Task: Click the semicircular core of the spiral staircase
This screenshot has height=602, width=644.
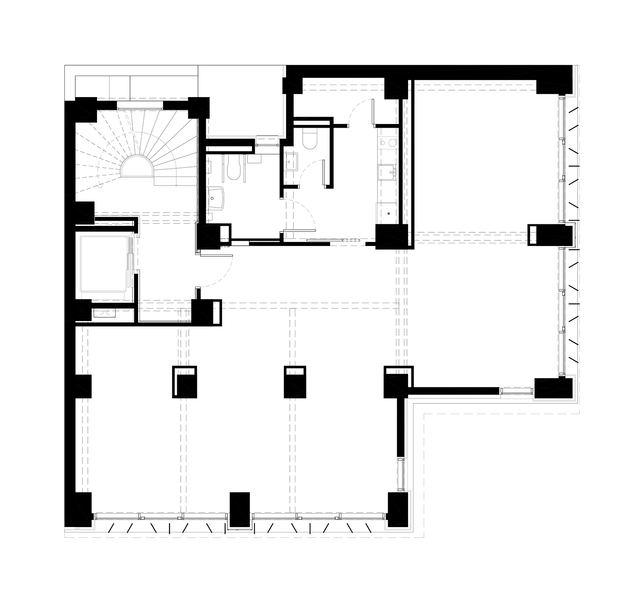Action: tap(138, 169)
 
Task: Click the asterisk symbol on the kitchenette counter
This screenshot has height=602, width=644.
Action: tap(388, 213)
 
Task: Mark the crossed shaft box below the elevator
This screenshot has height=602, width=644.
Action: tap(104, 313)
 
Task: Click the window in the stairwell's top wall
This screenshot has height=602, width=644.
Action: tap(140, 106)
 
